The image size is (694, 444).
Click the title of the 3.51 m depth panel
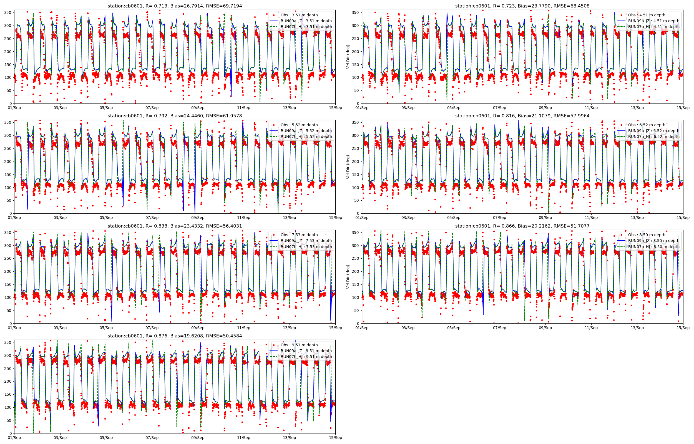coord(175,6)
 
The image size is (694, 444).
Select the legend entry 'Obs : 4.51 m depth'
coord(647,15)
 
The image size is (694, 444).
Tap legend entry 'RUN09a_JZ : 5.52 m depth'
coord(306,131)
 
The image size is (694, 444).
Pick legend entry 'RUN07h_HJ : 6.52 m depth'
coord(654,137)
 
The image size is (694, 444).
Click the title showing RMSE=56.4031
coord(175,226)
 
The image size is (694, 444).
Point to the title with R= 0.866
coord(522,226)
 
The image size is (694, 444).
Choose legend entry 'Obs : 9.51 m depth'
coord(299,345)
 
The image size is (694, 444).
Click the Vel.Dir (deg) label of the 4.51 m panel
coord(348,57)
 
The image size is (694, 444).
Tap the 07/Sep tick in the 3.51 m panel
coord(152,108)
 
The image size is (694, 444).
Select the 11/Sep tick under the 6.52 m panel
coord(591,218)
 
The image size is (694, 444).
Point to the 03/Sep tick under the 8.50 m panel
coord(408,328)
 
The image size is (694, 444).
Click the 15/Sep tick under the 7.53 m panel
coord(335,328)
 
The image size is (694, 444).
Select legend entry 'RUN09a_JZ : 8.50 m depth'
coord(654,241)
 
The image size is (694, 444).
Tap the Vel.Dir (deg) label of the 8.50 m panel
coord(348,277)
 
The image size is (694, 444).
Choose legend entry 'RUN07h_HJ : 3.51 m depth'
coord(306,27)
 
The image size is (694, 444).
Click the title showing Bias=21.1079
coord(522,116)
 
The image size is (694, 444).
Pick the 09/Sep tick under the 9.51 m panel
coord(198,438)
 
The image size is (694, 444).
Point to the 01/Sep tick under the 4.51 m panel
coord(362,108)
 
